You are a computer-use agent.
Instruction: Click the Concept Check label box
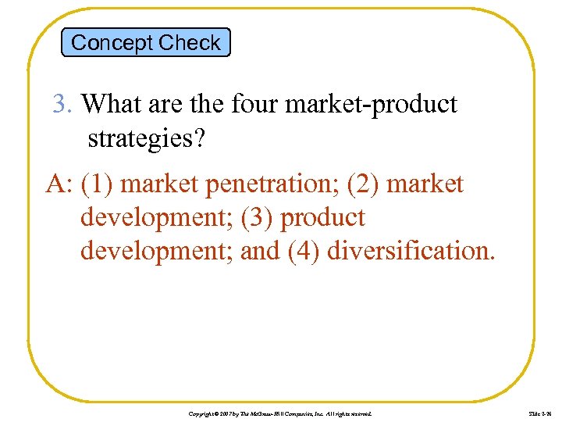point(146,42)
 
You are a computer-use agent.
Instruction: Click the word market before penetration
point(162,184)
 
